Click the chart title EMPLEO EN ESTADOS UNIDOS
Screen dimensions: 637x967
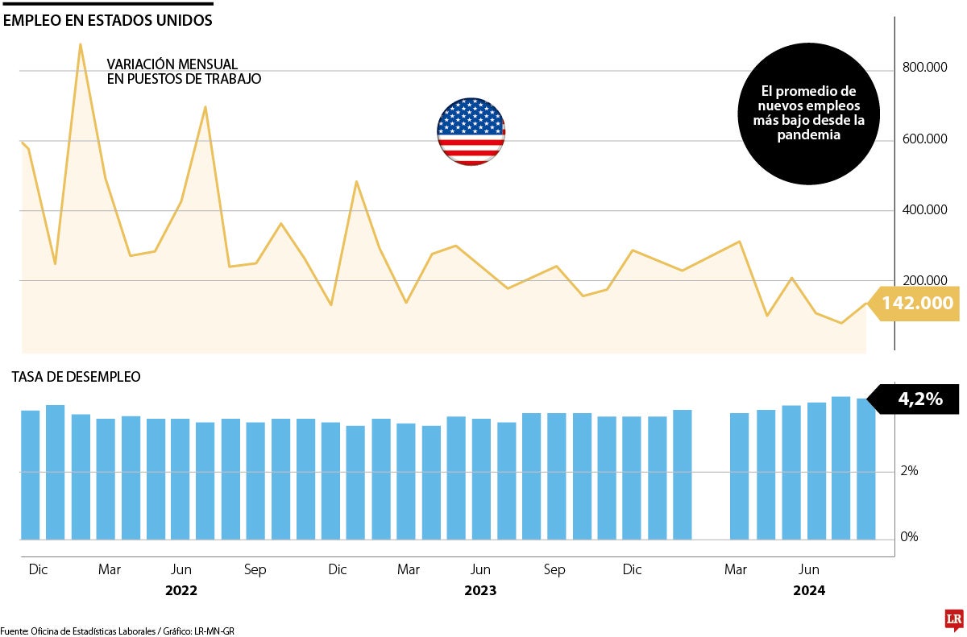[108, 21]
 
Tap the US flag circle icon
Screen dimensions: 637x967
[471, 132]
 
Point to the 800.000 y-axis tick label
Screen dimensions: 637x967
[925, 68]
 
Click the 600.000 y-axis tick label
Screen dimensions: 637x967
[925, 139]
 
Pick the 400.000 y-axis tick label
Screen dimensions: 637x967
[925, 210]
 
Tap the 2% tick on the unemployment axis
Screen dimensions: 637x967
[909, 471]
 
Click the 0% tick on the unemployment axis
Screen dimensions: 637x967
[909, 537]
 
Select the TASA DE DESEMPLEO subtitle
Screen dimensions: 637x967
[75, 376]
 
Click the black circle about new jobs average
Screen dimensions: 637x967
[808, 114]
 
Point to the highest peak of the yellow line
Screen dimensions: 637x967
[81, 44]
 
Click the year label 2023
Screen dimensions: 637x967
[480, 591]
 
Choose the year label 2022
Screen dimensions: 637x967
[181, 591]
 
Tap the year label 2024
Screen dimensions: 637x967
[808, 591]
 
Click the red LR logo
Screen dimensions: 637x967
[955, 618]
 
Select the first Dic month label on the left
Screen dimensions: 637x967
[38, 569]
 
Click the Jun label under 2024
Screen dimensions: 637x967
[808, 569]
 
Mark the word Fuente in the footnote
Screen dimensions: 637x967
[14, 631]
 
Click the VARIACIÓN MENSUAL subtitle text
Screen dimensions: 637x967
[172, 64]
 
